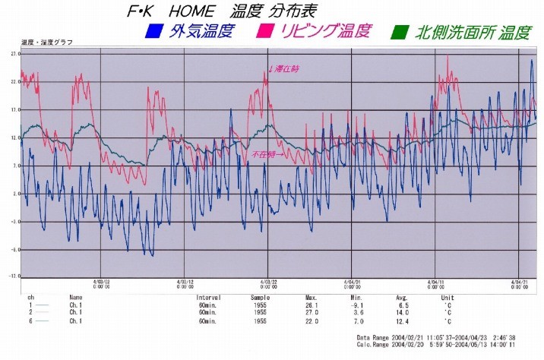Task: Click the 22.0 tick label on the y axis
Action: click(x=14, y=82)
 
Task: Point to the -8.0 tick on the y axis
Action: click(x=14, y=249)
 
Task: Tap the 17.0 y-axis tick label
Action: click(x=14, y=110)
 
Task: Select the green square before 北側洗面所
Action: click(x=397, y=33)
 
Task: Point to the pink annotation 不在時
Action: click(x=267, y=154)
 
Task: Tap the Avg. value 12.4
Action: click(x=403, y=321)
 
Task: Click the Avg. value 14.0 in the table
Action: click(x=403, y=313)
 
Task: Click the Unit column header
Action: click(x=448, y=298)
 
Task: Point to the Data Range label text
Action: click(x=375, y=336)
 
